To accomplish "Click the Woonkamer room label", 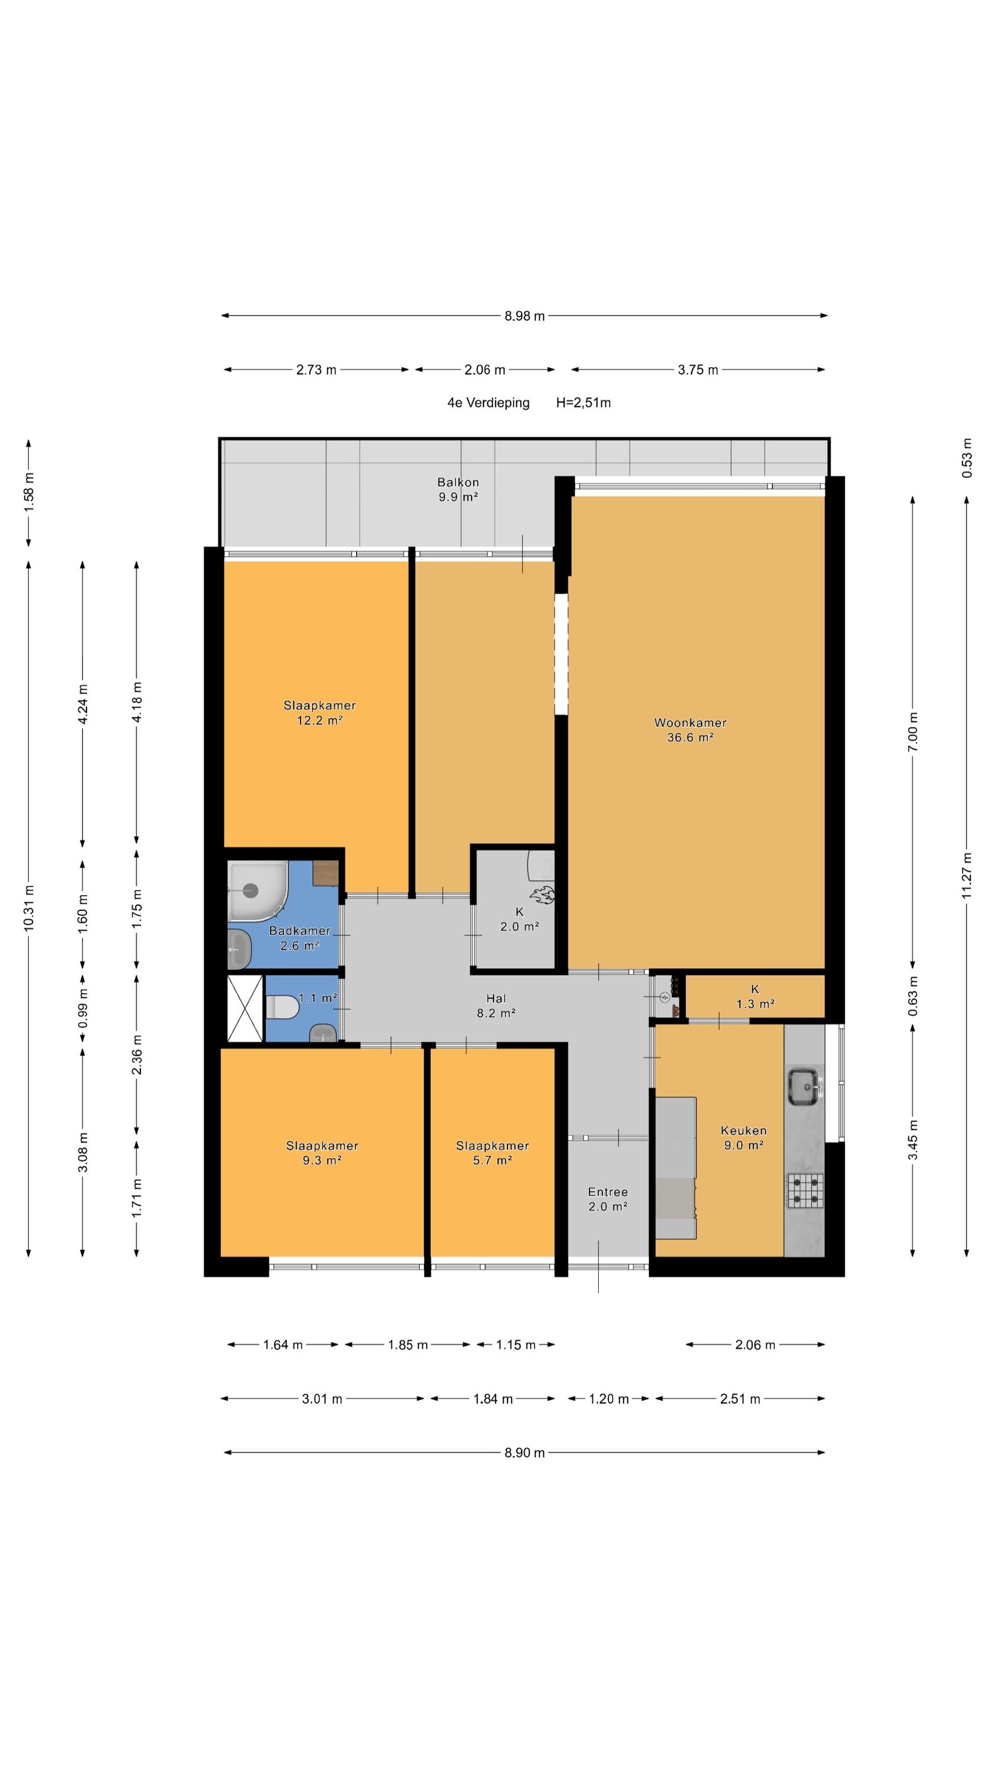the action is pyautogui.click(x=690, y=722).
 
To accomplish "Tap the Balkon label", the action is pyautogui.click(x=458, y=482).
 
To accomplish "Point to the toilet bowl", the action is pyautogui.click(x=282, y=1007).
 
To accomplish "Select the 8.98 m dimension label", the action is pyautogui.click(x=524, y=316).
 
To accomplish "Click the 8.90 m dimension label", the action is pyautogui.click(x=524, y=1452).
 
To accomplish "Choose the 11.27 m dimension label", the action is pyautogui.click(x=966, y=875).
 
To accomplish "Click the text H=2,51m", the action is pyautogui.click(x=583, y=403).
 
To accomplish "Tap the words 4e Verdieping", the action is pyautogui.click(x=488, y=403).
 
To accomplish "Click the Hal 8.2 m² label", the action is pyautogui.click(x=496, y=1005).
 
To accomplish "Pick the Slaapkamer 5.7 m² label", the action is pyautogui.click(x=492, y=1152).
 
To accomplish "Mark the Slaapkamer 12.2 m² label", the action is pyautogui.click(x=319, y=713).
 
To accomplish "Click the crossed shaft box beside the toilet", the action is pyautogui.click(x=245, y=1009).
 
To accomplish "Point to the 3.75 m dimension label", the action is pyautogui.click(x=698, y=370).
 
